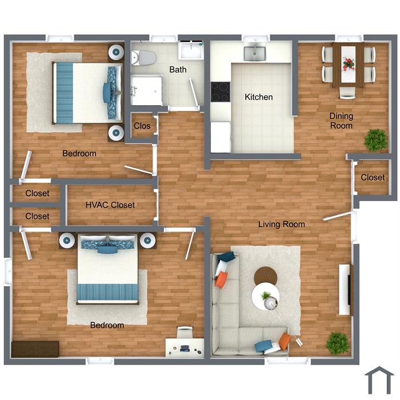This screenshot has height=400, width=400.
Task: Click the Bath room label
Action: pos(178,69)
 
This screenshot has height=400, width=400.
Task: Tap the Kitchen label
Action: pos(259,97)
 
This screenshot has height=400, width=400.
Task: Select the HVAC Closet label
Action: pos(110,205)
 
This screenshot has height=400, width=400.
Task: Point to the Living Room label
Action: pos(282,224)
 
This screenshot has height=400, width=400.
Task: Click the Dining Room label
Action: pos(341,121)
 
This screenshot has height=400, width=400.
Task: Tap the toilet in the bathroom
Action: pos(143,58)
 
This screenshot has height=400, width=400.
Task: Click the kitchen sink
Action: pos(255,53)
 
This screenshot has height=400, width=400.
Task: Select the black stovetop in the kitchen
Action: pos(221,92)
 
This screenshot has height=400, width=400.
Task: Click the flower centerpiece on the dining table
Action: pos(348,64)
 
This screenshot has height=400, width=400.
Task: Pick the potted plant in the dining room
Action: pos(376,141)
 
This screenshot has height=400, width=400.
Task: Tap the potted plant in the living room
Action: pos(338,343)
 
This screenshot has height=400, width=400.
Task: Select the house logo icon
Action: pos(379,381)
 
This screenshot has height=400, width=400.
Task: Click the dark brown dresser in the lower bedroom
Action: pos(35,349)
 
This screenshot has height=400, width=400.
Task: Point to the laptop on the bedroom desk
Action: pos(185,348)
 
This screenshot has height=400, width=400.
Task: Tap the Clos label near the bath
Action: pos(142,126)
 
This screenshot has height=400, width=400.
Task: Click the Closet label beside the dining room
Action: pos(373,177)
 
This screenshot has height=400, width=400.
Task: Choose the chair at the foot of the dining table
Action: pos(347,93)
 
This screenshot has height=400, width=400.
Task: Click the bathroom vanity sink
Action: pos(191,50)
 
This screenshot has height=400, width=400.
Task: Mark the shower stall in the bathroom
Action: pos(147,90)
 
